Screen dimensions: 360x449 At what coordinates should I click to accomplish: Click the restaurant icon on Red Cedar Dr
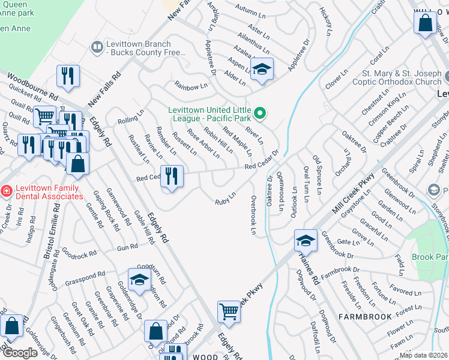[172, 176]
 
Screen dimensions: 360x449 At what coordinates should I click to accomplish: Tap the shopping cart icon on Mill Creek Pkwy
[229, 311]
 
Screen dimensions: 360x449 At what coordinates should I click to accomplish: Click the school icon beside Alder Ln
[262, 68]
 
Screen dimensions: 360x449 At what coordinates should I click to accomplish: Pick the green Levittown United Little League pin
[260, 112]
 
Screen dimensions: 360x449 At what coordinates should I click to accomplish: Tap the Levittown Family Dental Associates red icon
[6, 191]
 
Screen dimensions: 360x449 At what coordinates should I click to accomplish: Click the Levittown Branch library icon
[97, 47]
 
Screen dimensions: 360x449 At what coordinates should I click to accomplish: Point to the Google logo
[20, 353]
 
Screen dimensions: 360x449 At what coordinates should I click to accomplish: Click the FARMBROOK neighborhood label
[365, 316]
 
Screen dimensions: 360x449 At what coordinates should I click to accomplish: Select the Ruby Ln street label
[225, 198]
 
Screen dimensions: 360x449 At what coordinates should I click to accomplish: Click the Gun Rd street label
[128, 247]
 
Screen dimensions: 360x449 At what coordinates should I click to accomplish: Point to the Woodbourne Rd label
[32, 88]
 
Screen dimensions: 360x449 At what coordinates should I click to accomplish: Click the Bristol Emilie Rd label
[53, 230]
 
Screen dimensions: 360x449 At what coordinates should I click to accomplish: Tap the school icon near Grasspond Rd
[139, 280]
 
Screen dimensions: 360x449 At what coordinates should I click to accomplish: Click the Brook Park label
[430, 257]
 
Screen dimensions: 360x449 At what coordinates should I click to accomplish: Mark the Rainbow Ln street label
[190, 87]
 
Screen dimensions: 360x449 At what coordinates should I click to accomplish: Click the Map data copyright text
[423, 355]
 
